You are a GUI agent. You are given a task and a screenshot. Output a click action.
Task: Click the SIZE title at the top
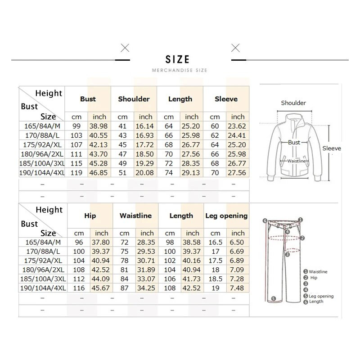tap(177, 59)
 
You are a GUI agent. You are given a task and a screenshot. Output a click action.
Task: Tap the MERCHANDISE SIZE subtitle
tap(180, 71)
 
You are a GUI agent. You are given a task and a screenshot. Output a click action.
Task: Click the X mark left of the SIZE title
tap(125, 48)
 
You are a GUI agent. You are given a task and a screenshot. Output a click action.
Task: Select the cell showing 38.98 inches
tap(99, 126)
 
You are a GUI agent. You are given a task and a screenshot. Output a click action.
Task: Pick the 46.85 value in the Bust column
tap(99, 173)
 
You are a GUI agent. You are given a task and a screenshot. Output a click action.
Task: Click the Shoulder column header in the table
tap(134, 99)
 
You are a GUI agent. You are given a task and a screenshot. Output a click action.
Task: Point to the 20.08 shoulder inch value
tap(146, 173)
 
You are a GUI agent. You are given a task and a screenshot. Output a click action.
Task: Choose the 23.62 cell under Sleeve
tap(238, 126)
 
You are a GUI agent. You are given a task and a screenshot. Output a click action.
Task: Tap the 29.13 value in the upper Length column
tap(192, 173)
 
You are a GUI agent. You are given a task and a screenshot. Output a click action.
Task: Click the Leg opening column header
tap(226, 216)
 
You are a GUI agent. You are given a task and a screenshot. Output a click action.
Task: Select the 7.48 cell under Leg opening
tap(238, 288)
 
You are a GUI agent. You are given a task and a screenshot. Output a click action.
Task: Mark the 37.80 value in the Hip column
tap(102, 242)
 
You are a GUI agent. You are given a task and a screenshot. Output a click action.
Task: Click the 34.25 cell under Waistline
tap(147, 288)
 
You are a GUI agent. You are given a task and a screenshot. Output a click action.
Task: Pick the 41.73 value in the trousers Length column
tap(192, 279)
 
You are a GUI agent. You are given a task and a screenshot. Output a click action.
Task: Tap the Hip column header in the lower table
tap(90, 216)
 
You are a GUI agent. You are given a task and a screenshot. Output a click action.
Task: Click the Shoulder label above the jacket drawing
tap(293, 103)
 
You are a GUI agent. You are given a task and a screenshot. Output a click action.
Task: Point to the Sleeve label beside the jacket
tap(332, 148)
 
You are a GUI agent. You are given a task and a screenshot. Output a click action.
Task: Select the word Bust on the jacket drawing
tap(294, 142)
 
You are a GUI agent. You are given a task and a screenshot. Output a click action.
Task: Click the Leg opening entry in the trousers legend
tap(321, 296)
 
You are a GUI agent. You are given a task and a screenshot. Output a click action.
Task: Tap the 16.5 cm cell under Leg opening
tap(216, 242)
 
